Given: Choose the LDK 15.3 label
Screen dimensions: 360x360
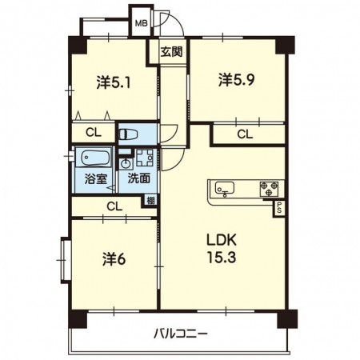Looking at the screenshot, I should click(x=223, y=249).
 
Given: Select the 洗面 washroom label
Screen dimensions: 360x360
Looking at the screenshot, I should click(x=139, y=178).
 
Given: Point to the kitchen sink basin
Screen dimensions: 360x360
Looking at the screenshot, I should click(x=224, y=189).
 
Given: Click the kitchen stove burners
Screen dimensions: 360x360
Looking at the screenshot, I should click(x=269, y=189).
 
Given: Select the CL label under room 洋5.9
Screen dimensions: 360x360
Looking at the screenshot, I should click(x=245, y=134).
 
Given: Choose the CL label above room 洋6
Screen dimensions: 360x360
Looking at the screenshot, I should click(x=114, y=206).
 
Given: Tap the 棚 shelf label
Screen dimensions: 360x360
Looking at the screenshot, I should click(x=150, y=202).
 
